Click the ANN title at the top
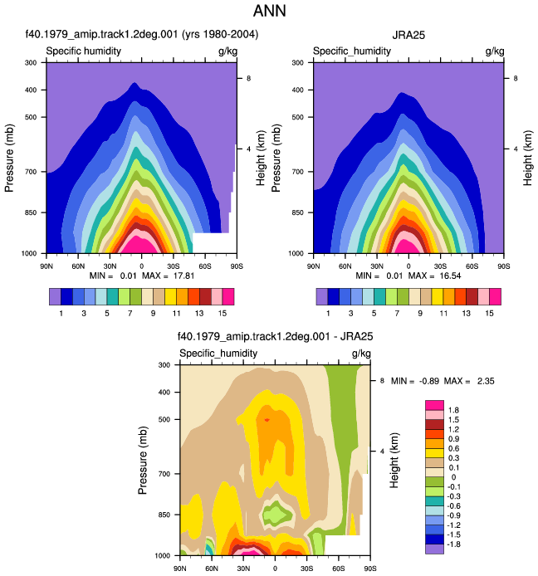pyautogui.click(x=269, y=11)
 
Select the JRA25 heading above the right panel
pyautogui.click(x=408, y=35)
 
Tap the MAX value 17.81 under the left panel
pyautogui.click(x=183, y=276)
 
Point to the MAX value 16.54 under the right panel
pyautogui.click(x=450, y=276)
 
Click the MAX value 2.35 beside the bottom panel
pyautogui.click(x=486, y=381)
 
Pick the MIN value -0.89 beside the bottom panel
pyautogui.click(x=429, y=381)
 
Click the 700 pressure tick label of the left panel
pyautogui.click(x=31, y=172)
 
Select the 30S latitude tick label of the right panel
pyautogui.click(x=440, y=266)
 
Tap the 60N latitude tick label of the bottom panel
pyautogui.click(x=212, y=569)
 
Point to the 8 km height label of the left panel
pyautogui.click(x=249, y=78)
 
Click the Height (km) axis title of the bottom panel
pyautogui.click(x=394, y=460)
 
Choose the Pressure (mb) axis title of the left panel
pyautogui.click(x=9, y=158)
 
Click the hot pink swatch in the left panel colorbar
pyautogui.click(x=228, y=296)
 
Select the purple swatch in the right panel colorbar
pyautogui.click(x=322, y=296)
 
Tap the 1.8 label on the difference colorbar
pyautogui.click(x=453, y=410)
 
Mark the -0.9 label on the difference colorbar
pyautogui.click(x=453, y=515)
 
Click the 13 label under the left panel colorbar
pyautogui.click(x=199, y=314)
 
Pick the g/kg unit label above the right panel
pyautogui.click(x=495, y=51)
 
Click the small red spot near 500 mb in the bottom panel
pyautogui.click(x=267, y=420)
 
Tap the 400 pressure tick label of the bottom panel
pyautogui.click(x=164, y=392)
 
